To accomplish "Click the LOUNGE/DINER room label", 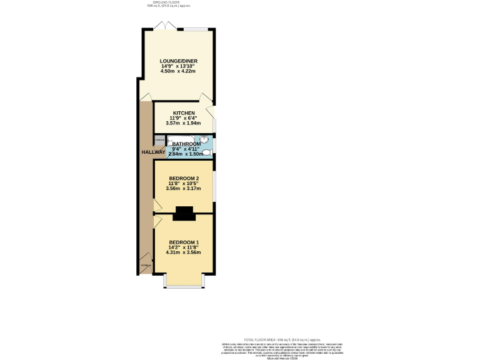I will (178, 61).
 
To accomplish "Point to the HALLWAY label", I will (152, 152).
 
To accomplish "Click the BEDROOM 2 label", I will (184, 178).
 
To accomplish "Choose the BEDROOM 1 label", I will (184, 242).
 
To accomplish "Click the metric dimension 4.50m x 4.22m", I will (178, 71).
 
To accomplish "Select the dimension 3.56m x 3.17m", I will (184, 188).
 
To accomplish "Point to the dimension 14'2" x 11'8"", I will (184, 247).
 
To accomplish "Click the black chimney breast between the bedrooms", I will (184, 214).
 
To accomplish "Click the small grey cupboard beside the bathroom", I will (159, 140).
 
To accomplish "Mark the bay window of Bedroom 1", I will (184, 285).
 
